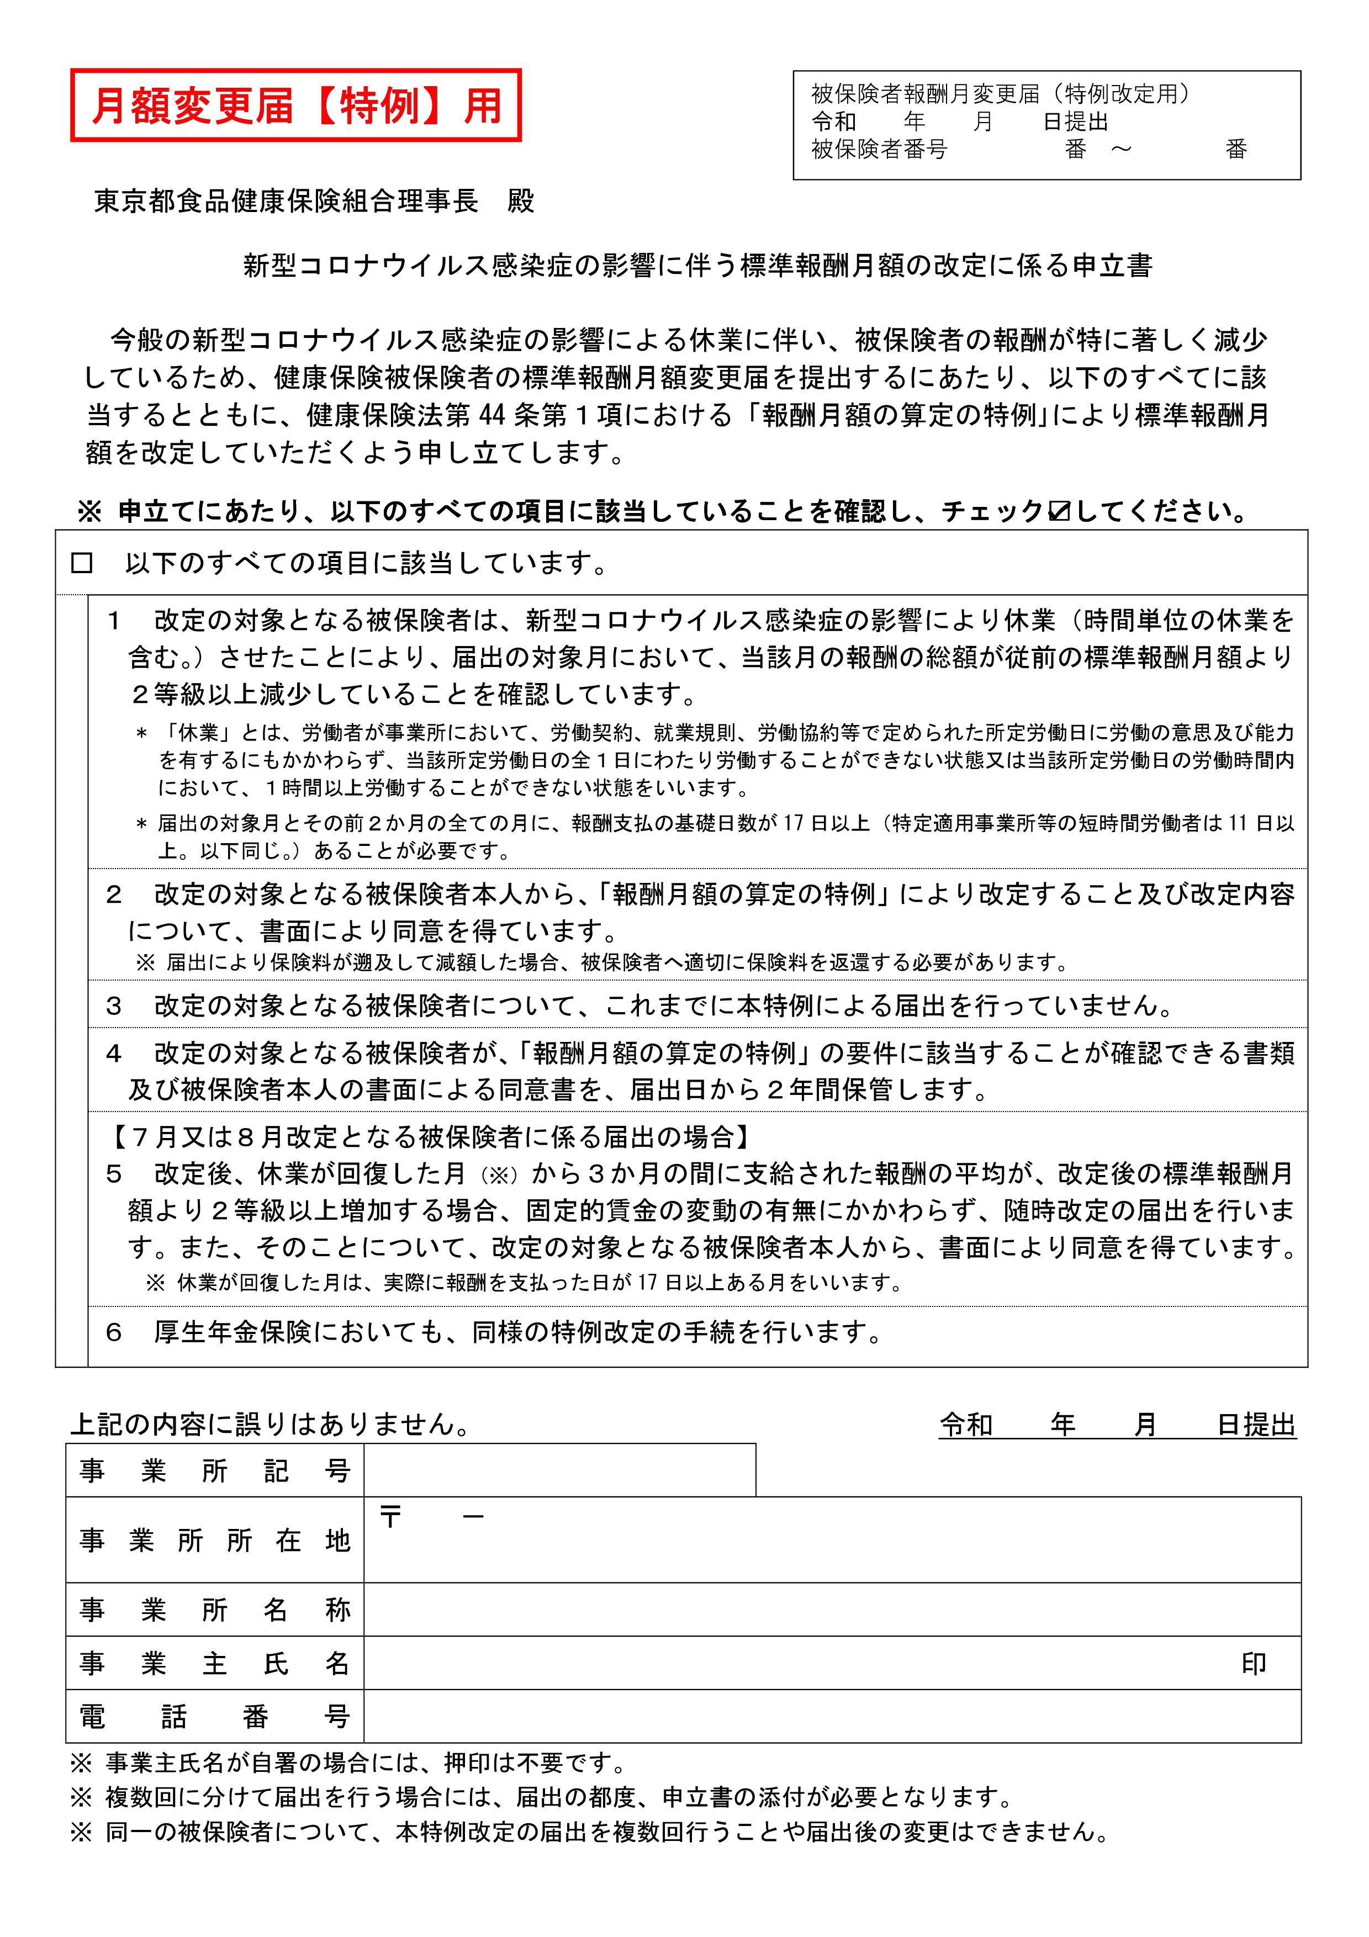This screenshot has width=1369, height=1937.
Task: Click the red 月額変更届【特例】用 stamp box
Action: [295, 105]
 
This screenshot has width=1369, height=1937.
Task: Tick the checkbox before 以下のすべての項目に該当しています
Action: [82, 564]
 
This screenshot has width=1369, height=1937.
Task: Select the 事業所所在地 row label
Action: [214, 1541]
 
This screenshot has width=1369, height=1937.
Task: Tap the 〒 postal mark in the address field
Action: [390, 1518]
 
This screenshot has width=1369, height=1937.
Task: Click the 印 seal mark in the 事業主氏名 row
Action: [1254, 1664]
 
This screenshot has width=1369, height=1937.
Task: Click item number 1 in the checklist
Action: [113, 622]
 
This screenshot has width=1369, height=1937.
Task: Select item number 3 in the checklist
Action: [113, 1005]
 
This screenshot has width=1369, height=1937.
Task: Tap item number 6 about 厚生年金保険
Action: [113, 1333]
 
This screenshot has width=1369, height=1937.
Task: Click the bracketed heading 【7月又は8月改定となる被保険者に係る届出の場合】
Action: [429, 1137]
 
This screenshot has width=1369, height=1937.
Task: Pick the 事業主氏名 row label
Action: [214, 1664]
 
